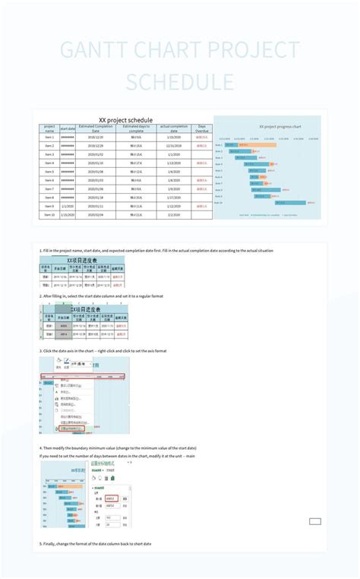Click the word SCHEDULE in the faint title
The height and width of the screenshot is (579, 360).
point(180,82)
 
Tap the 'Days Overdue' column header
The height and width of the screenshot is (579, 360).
point(201,128)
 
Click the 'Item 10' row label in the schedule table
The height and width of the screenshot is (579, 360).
point(49,215)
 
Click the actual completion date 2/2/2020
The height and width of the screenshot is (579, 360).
point(173,206)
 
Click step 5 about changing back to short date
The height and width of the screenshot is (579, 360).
point(96,544)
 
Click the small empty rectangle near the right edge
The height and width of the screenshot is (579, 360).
point(314,521)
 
